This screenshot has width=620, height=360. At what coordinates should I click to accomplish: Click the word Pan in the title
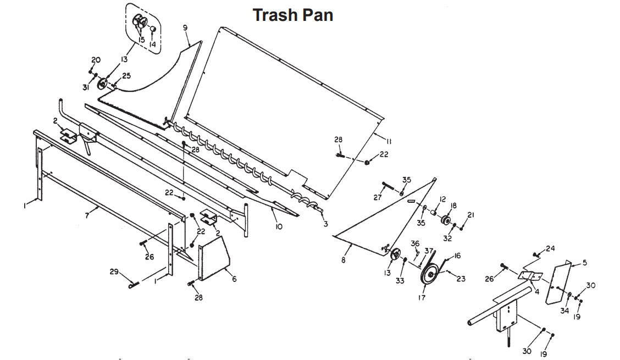pos(318,15)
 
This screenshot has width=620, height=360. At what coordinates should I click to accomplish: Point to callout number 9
pos(185,27)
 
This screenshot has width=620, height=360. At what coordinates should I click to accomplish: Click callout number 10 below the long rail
pos(279,226)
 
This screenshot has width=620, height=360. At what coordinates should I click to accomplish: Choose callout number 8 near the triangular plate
pos(343,260)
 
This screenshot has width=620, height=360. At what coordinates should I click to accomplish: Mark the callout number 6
pos(234,279)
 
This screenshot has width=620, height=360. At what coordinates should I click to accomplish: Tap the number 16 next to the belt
pos(457,256)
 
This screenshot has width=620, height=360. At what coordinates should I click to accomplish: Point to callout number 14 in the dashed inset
pos(153,44)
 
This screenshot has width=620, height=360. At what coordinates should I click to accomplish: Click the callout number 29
pos(114,272)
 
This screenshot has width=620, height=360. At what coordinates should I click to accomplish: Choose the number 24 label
pos(550,248)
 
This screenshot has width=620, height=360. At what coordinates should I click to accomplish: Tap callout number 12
pos(442,200)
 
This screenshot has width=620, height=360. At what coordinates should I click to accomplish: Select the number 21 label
pos(470,214)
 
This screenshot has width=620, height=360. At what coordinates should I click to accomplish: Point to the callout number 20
pos(96,59)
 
